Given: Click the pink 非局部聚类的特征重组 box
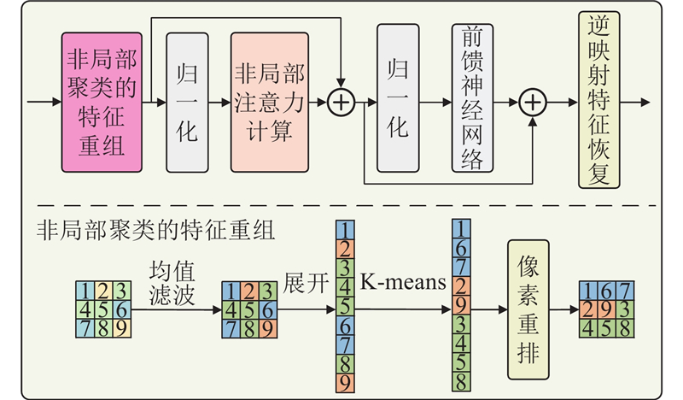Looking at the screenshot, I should coord(100,103).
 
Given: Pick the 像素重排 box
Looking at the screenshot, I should coord(528,309).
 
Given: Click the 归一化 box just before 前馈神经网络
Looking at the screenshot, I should coord(398,102).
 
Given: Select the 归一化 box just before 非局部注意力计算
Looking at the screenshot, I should coord(188,102).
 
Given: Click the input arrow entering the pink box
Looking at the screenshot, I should coord(43,103).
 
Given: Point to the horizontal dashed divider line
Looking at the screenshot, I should coord(341,205).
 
